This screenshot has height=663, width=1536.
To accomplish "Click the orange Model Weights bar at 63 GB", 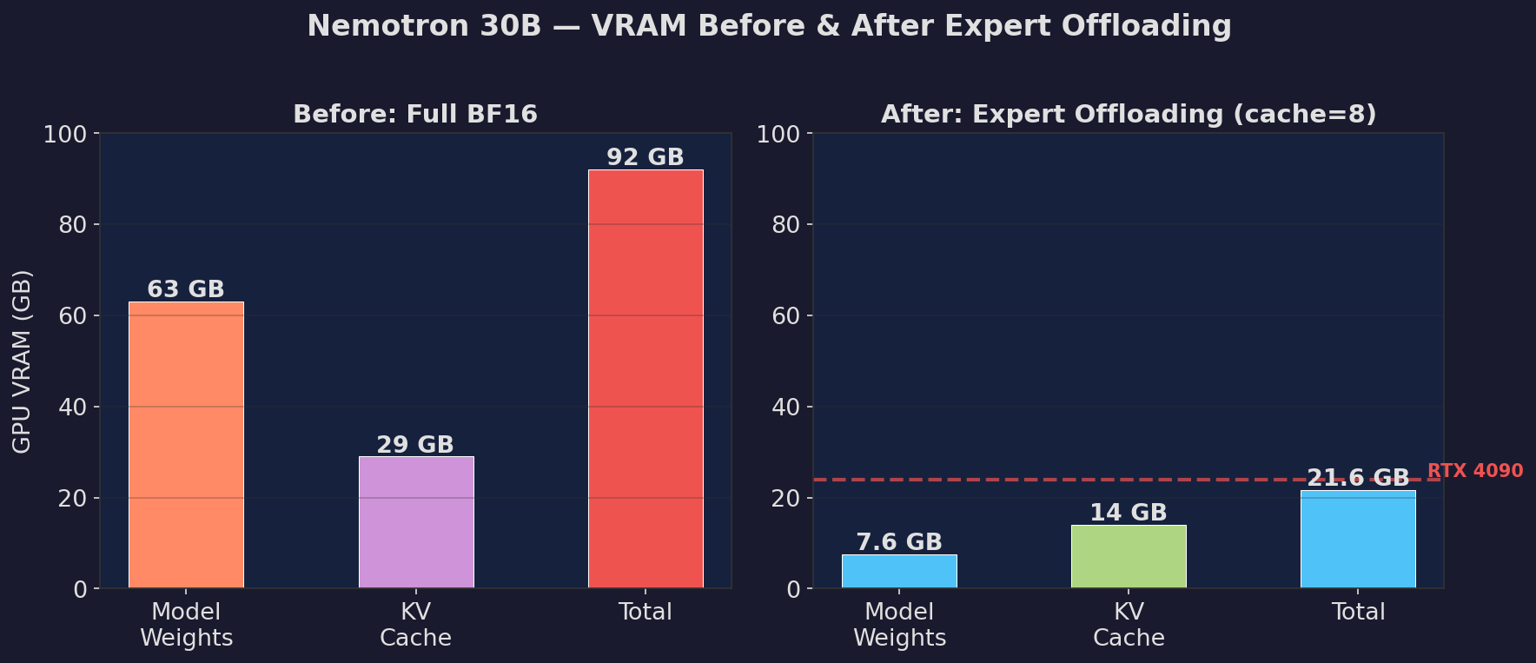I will coord(186,445).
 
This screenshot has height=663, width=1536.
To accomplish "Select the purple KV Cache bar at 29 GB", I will coord(416,522).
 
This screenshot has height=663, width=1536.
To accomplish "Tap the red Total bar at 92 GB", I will coord(646,379).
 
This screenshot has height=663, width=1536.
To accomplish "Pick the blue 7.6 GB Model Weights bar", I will coord(899,572).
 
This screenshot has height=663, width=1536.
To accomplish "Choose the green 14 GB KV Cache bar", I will coord(1129,557).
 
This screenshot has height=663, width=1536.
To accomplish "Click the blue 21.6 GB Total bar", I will coord(1358,540).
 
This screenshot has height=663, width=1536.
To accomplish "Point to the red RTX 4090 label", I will coord(1475,471).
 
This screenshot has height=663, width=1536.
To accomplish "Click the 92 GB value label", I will coord(646,157).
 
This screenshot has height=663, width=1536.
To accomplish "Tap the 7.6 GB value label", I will coord(899,542).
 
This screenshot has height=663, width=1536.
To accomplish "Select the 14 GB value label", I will coord(1129,513).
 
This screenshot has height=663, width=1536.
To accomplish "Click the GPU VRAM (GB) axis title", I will coord(23,361).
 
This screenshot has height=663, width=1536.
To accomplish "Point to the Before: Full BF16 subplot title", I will coord(415,115).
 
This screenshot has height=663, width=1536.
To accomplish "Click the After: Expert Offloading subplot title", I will coord(1129,115).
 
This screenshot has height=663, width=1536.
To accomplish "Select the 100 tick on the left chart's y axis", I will coord(65,134).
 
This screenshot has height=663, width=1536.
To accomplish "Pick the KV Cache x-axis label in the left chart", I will coord(416,625).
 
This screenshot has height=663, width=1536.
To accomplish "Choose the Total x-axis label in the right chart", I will coord(1358,612).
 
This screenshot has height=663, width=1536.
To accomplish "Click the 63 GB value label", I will coord(186,289).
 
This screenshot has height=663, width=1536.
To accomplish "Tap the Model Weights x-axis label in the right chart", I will coord(899,625).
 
